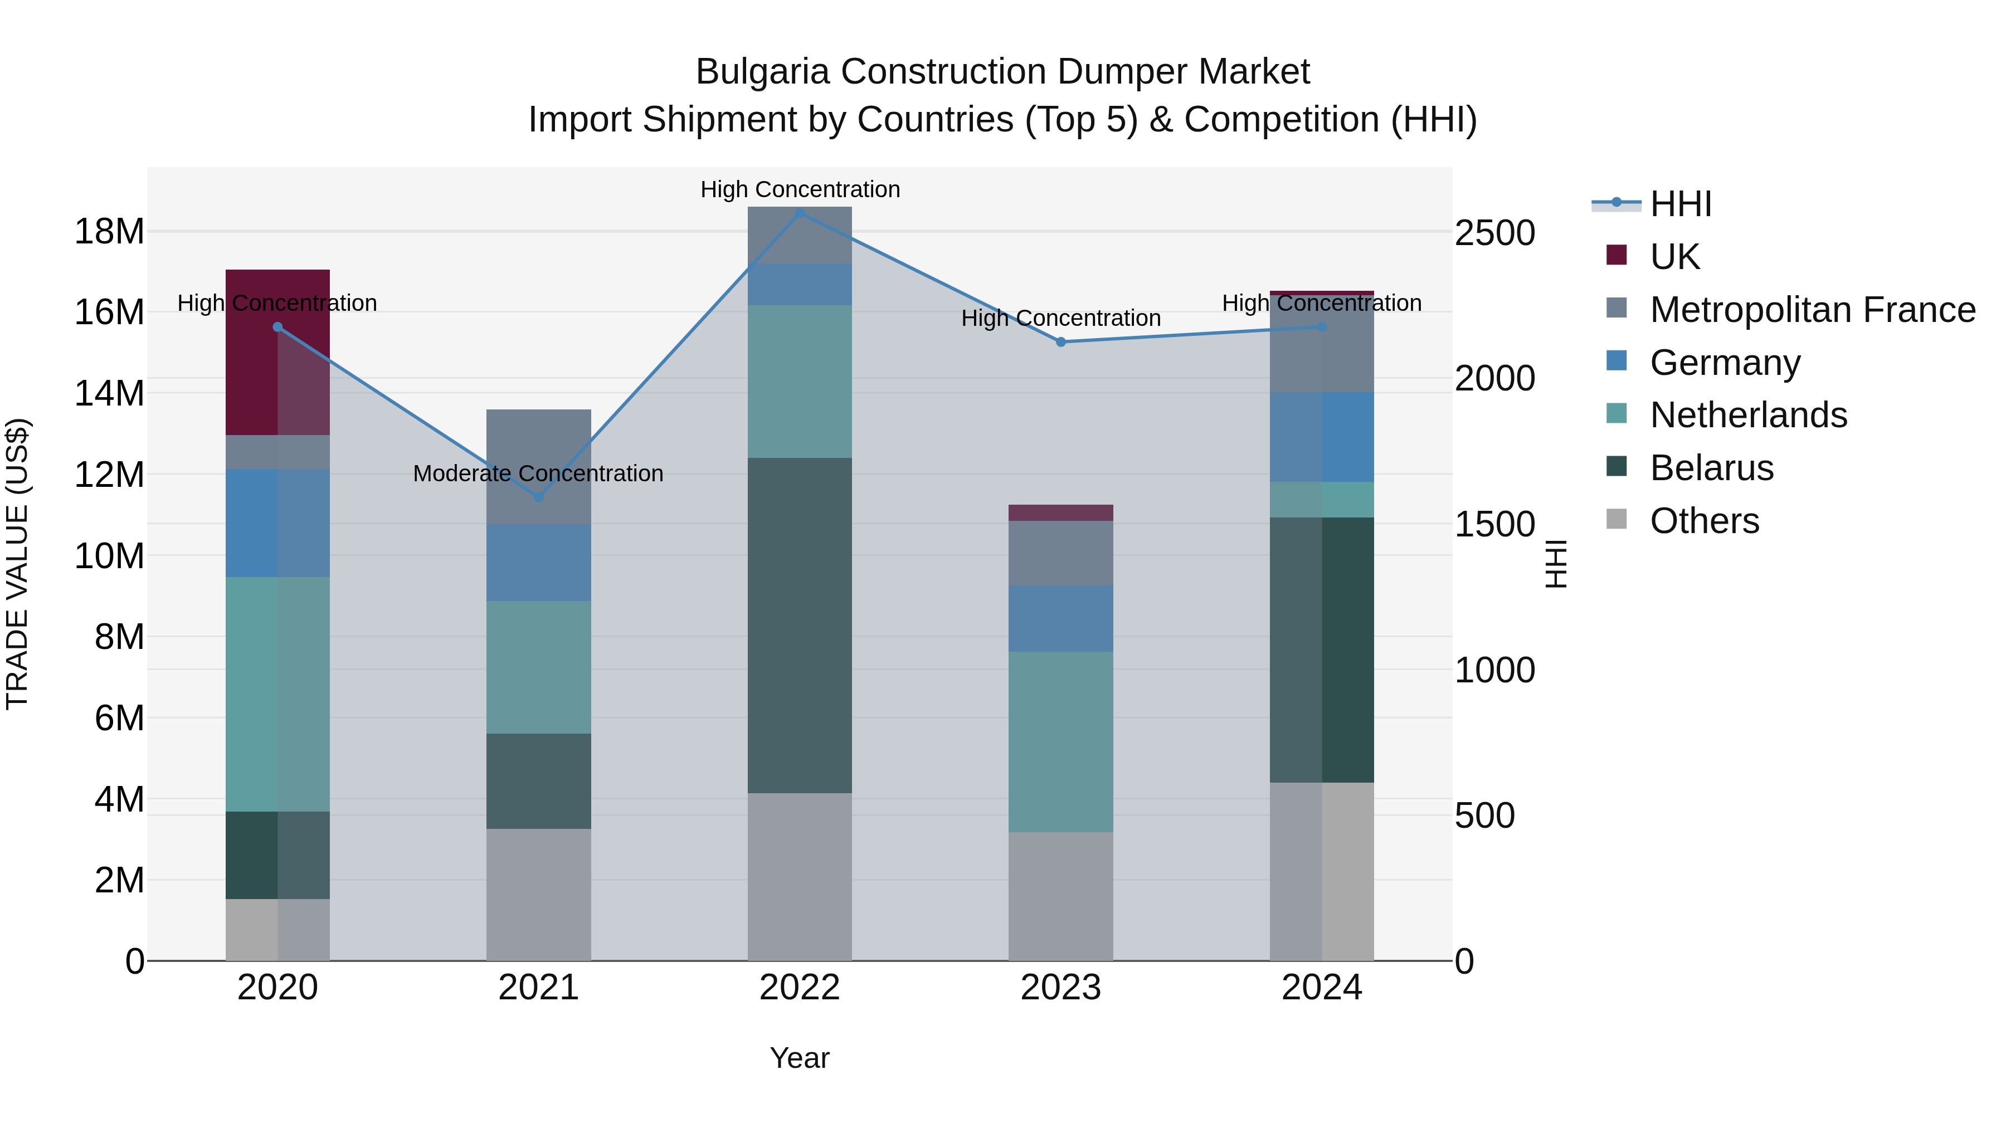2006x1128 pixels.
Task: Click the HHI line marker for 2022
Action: point(800,213)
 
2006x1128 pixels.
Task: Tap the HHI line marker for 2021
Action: point(538,497)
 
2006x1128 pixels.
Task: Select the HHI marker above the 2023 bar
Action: point(1060,342)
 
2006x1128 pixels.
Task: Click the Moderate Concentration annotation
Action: point(538,473)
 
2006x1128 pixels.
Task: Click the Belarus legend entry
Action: point(1711,468)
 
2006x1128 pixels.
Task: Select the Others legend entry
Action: point(1704,521)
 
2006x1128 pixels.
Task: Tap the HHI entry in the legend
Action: point(1679,204)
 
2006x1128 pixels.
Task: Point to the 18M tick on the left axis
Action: point(109,232)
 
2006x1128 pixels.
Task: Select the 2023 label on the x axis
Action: point(1060,988)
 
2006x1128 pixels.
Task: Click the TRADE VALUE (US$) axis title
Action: point(17,564)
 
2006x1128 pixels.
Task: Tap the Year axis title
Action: point(800,1058)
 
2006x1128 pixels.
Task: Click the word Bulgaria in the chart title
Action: point(763,72)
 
